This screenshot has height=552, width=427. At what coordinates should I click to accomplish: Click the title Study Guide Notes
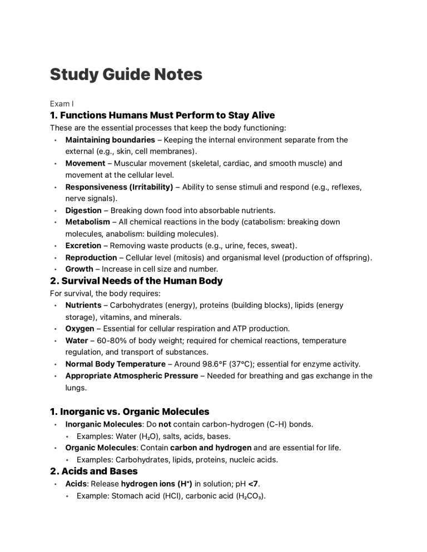[126, 74]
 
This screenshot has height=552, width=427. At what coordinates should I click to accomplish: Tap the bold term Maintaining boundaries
[110, 140]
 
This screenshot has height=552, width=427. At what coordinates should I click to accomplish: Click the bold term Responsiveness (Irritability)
[119, 187]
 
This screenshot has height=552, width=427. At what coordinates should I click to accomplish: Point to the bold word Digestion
[83, 210]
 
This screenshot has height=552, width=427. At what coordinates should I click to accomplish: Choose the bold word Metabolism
[88, 222]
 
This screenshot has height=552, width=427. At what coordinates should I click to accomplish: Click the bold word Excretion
[83, 245]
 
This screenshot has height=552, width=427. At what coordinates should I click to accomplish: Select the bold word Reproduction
[91, 257]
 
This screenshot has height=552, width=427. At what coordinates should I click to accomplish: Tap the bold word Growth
[79, 269]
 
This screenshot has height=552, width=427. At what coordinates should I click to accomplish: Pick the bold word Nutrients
[83, 305]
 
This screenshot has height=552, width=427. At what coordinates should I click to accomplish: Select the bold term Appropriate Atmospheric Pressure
[131, 376]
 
